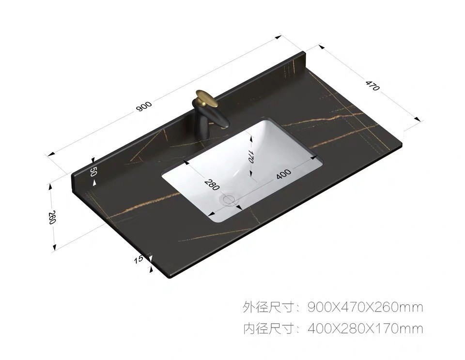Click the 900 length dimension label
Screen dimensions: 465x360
pyautogui.click(x=144, y=106)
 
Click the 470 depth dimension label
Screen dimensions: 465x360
pyautogui.click(x=372, y=87)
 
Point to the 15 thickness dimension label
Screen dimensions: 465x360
pyautogui.click(x=139, y=259)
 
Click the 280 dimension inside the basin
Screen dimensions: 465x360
pyautogui.click(x=212, y=184)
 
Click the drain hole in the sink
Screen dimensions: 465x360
pyautogui.click(x=228, y=199)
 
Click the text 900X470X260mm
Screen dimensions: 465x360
pyautogui.click(x=365, y=307)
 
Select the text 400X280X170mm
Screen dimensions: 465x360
pyautogui.click(x=365, y=329)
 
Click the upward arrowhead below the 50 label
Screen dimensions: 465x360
pyautogui.click(x=95, y=182)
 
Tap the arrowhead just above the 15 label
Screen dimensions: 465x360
pyautogui.click(x=151, y=256)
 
